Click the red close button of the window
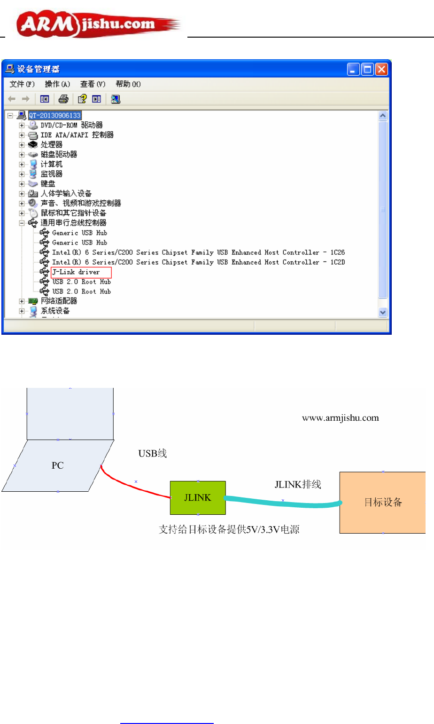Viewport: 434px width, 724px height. click(382, 70)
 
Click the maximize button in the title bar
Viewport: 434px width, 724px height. click(368, 70)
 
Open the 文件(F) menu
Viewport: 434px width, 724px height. click(22, 84)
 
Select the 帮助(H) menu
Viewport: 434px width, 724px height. click(128, 84)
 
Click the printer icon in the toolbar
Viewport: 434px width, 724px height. click(63, 99)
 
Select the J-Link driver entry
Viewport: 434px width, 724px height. click(76, 272)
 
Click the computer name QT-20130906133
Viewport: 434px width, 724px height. click(55, 115)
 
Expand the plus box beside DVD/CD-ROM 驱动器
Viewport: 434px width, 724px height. click(22, 126)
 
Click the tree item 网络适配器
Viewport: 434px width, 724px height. click(59, 301)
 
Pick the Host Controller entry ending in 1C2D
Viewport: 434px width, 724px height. click(198, 262)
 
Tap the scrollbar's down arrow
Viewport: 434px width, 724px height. click(383, 312)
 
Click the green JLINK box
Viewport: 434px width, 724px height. click(198, 498)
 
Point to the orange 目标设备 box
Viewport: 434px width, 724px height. click(383, 502)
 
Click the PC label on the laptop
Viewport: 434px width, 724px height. click(57, 465)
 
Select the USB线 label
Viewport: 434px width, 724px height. click(152, 454)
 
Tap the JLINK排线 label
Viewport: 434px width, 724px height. click(298, 485)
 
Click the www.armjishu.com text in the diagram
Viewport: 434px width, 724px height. click(340, 418)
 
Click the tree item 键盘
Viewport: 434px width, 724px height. click(48, 184)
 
